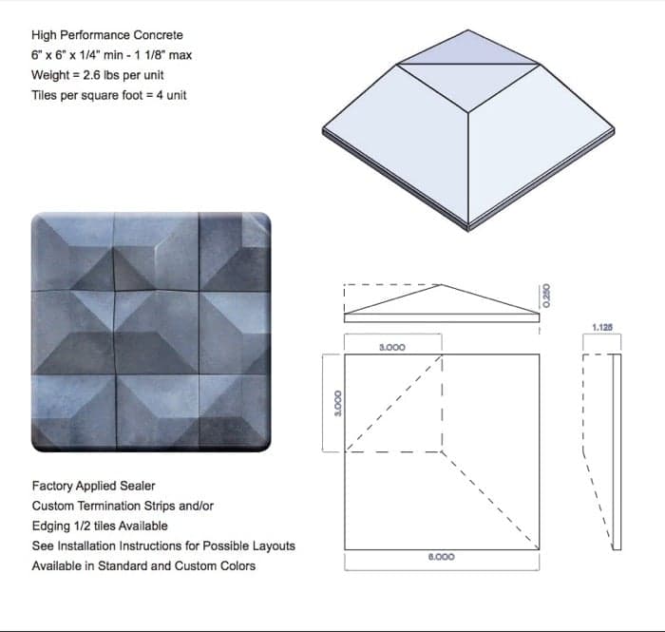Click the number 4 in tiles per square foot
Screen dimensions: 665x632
pyautogui.click(x=160, y=95)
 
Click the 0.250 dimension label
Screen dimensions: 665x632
pyautogui.click(x=546, y=296)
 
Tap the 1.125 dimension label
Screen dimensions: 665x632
pyautogui.click(x=602, y=328)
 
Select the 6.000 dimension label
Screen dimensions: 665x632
pyautogui.click(x=442, y=557)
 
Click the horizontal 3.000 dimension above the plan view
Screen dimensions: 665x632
pyautogui.click(x=392, y=348)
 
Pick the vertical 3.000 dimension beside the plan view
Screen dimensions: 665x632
pyautogui.click(x=338, y=403)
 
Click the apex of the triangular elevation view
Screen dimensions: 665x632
pyautogui.click(x=442, y=284)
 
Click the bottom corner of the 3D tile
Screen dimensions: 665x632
pyautogui.click(x=468, y=229)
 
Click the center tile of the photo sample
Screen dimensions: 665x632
pyautogui.click(x=157, y=333)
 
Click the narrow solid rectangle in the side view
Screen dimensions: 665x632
pyautogui.click(x=617, y=451)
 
